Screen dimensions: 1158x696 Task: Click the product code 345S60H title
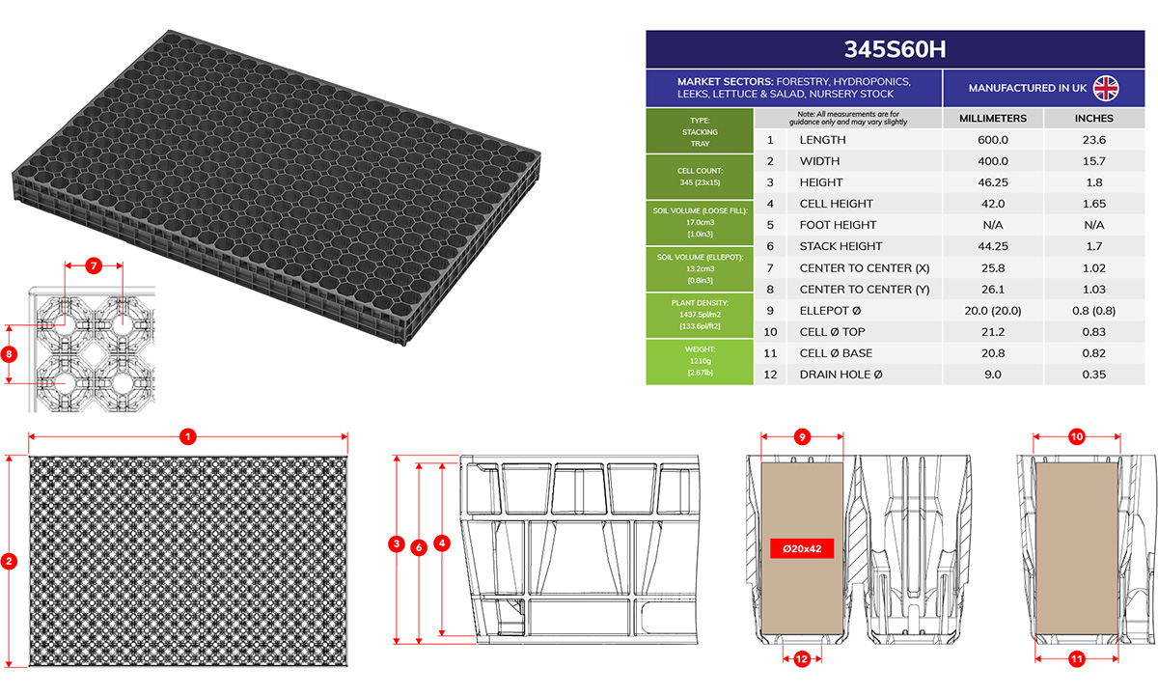tap(895, 49)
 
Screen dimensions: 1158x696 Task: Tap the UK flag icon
tap(1106, 88)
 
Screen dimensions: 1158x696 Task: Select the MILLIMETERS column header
tap(993, 119)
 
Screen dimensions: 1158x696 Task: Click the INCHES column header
tap(1094, 119)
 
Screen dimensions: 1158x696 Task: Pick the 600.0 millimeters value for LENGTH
tap(993, 140)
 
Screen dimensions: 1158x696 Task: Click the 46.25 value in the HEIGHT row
tap(993, 182)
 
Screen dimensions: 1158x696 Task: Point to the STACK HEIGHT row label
tap(841, 246)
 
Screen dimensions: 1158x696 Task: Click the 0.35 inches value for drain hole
tap(1094, 375)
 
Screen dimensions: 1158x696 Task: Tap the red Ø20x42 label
tap(802, 548)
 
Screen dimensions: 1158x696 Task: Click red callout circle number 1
tap(187, 437)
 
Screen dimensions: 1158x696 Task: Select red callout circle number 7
tap(94, 265)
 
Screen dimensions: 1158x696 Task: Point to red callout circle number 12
tap(802, 659)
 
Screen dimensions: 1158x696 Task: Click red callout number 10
tap(1077, 437)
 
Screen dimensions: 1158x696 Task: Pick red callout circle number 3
tap(397, 543)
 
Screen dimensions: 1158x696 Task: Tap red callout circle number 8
tap(9, 354)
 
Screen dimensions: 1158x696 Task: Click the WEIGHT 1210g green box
tap(700, 361)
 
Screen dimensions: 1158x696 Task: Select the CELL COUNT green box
tap(700, 177)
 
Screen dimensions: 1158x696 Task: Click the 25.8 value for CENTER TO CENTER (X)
tap(993, 267)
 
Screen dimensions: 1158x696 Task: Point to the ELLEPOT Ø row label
tap(830, 311)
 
